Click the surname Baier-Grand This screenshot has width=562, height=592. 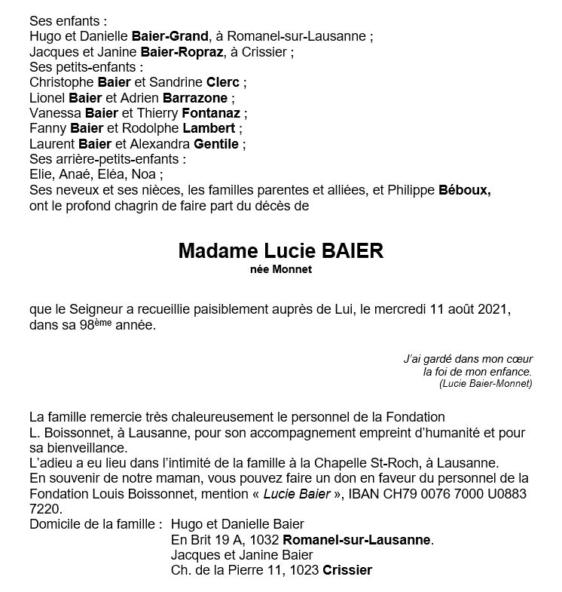pyautogui.click(x=170, y=36)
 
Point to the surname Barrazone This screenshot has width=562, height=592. pyautogui.click(x=201, y=98)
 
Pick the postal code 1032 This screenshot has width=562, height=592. pyautogui.click(x=264, y=540)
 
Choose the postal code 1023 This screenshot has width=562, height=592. pyautogui.click(x=303, y=570)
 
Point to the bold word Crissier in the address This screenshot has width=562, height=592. pyautogui.click(x=347, y=570)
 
